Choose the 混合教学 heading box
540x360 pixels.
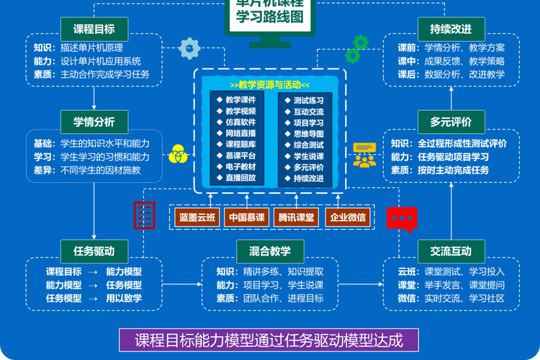pos(270,251)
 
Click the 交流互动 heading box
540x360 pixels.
pos(451,251)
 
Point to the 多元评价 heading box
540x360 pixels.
pos(451,120)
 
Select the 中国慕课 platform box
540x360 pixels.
pos(248,217)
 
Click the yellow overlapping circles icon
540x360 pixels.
pos(177,154)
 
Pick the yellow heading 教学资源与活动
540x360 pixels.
pos(269,84)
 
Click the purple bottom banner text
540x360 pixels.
pos(269,339)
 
